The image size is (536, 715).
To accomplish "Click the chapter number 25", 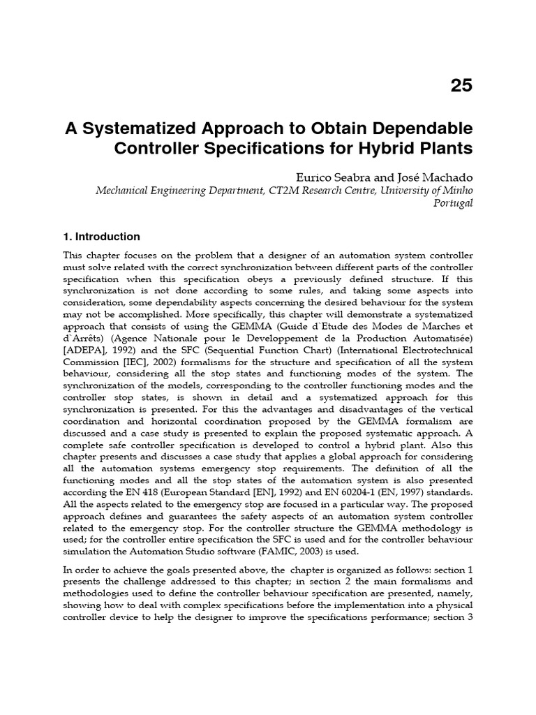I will (x=461, y=86).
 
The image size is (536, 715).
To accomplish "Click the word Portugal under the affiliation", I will (x=453, y=203).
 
